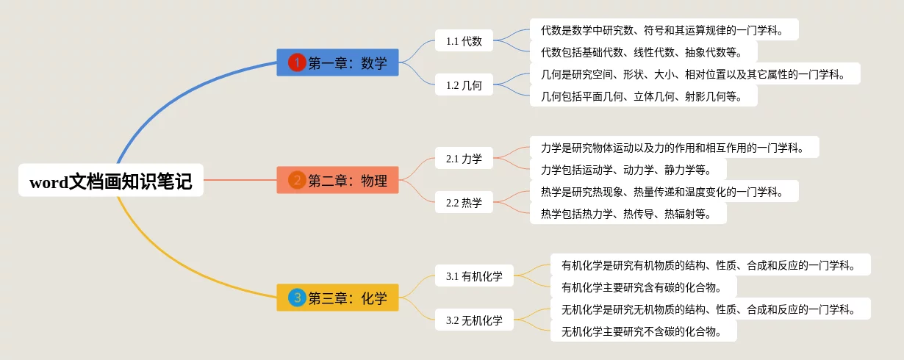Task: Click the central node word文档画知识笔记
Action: coord(111,180)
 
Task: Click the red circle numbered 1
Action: coord(297,62)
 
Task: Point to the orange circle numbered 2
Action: coord(297,180)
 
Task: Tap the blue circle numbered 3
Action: coord(297,298)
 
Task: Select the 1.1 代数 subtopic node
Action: coord(464,41)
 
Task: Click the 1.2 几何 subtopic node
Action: coord(464,85)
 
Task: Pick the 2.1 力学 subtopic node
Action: coord(464,159)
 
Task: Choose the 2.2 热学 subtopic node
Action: coord(464,203)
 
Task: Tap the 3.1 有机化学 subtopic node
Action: coord(474,276)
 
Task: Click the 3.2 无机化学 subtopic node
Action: coord(474,320)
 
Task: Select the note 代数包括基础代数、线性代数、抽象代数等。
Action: coord(643,51)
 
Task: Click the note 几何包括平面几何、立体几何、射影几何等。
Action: coord(643,96)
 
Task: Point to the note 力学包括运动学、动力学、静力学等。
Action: coord(628,169)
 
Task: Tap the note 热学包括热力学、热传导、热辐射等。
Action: coord(628,213)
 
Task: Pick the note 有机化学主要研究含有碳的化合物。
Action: coord(643,287)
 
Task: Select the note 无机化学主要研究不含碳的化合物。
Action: coord(643,331)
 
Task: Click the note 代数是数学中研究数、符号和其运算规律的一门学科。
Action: coord(664,29)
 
